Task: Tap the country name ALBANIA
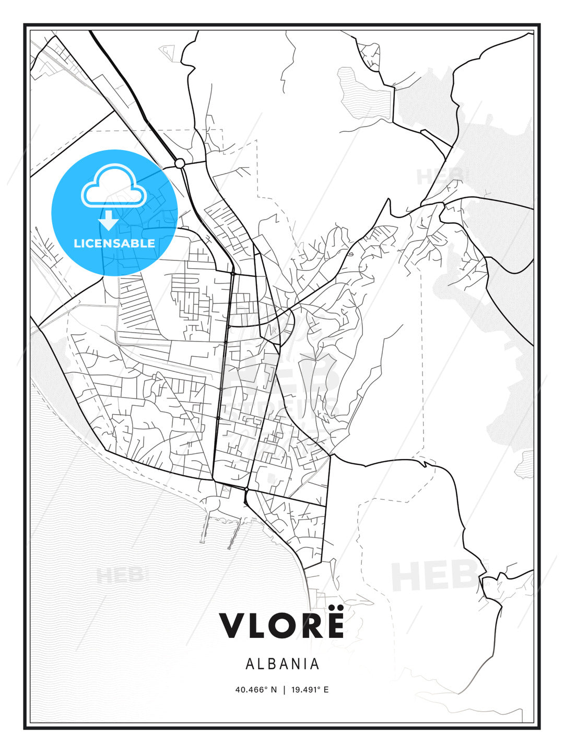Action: point(282,664)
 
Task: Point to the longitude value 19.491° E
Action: point(309,689)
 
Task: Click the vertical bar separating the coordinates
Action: point(284,689)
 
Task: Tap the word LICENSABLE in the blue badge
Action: point(114,243)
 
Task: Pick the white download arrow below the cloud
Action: point(109,220)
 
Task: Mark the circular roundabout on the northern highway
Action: point(180,164)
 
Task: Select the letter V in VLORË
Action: point(233,625)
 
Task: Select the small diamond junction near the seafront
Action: point(245,489)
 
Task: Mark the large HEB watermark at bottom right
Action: point(433,575)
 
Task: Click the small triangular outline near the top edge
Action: point(167,51)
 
